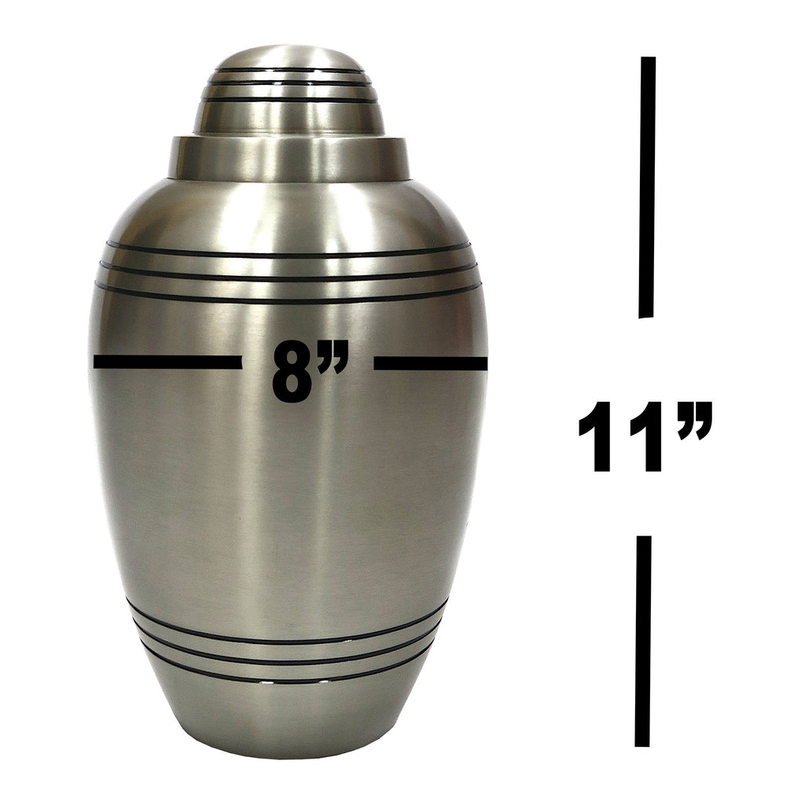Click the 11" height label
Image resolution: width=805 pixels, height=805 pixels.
[645, 437]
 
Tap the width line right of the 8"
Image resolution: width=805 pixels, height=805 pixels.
[430, 362]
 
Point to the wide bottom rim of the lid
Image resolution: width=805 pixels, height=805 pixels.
[288, 157]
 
